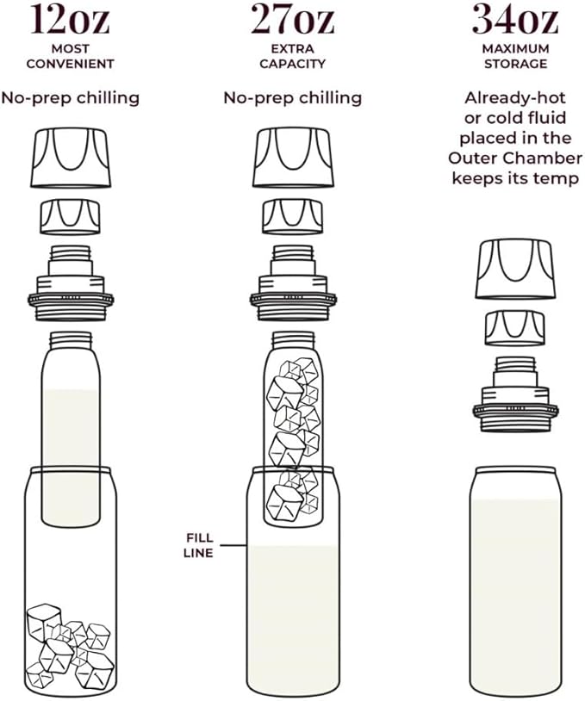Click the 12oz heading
coord(71,20)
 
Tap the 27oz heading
coord(293,20)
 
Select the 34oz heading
coord(515,20)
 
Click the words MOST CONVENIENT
coord(71,56)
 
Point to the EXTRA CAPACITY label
coord(293,56)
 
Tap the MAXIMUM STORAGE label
coord(515,56)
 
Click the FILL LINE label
coord(199,545)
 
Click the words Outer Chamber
coord(515,158)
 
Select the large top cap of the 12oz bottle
coord(71,158)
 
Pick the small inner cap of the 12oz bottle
coord(71,217)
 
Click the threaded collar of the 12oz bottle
coord(71,283)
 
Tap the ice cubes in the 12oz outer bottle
coord(69,645)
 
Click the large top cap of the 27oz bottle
coord(293,158)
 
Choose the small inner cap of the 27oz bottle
coord(293,217)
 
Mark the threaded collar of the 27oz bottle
coord(293,283)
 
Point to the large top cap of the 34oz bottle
coord(515,269)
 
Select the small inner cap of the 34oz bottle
coord(515,329)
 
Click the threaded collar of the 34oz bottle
coord(515,394)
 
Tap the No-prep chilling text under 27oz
coord(293,98)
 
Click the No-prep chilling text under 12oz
coord(71,98)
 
